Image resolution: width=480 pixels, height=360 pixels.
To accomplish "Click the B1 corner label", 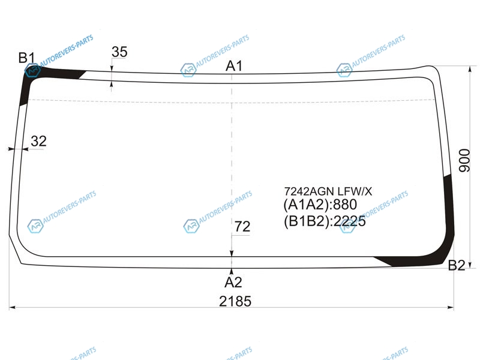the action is tap(26, 58).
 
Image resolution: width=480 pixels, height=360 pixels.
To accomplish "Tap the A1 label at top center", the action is tap(234, 66).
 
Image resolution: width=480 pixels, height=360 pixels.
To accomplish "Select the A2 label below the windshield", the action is tap(233, 282).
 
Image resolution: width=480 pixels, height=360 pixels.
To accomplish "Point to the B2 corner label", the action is tap(457, 265).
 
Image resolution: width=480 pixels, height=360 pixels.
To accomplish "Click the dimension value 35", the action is tap(119, 52).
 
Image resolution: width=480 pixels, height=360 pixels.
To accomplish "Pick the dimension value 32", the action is tap(38, 141).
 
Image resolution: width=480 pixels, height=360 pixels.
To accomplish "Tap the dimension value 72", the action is tap(242, 227).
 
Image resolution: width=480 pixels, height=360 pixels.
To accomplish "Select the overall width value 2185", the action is tap(235, 301).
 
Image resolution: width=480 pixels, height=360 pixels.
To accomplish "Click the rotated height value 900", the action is tap(464, 160).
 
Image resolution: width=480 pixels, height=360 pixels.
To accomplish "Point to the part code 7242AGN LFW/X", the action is tap(328, 191).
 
